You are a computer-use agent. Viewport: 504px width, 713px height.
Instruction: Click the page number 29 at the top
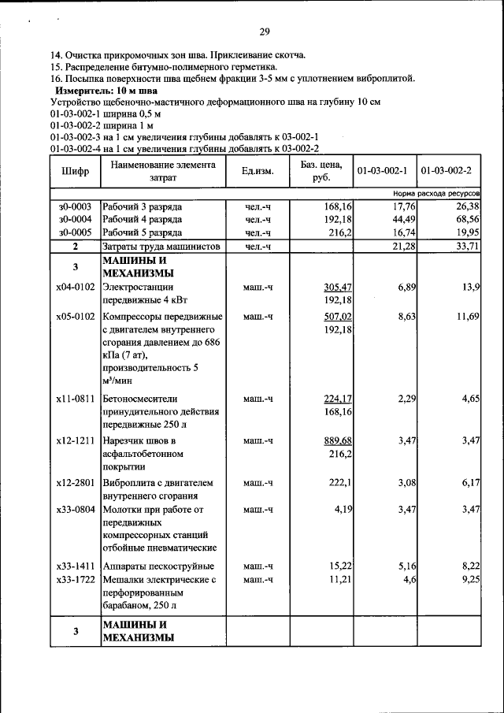pos(265,32)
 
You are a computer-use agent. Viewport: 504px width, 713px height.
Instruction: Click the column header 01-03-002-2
pos(447,171)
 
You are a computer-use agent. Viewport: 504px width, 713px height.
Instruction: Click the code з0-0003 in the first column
pos(75,206)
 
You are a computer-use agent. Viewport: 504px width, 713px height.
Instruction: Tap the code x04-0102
pos(75,288)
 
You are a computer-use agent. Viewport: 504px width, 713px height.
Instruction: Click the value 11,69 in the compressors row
pos(466,316)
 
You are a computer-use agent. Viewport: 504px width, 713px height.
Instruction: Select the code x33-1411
pos(75,566)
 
